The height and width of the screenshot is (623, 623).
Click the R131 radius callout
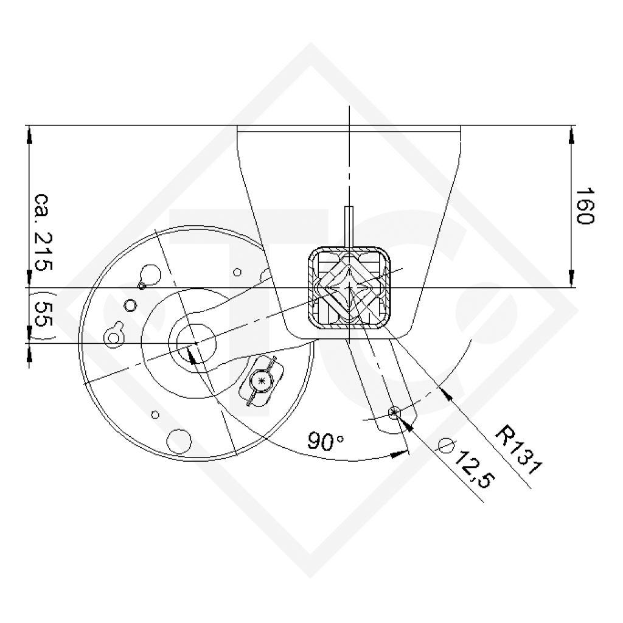click(517, 449)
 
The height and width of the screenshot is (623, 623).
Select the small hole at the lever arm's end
click(394, 413)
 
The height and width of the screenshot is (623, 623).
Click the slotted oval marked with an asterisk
click(262, 380)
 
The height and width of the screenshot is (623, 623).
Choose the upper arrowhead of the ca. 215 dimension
click(29, 134)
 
